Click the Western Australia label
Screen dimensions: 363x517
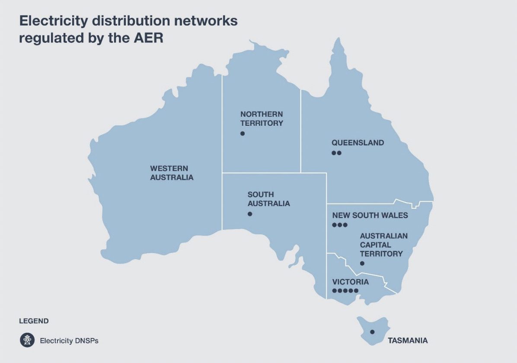coord(172,173)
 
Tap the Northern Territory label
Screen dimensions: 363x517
coord(262,118)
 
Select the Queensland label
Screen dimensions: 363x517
coord(357,143)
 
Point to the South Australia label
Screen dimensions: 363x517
coord(268,199)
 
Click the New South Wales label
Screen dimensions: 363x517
coord(370,215)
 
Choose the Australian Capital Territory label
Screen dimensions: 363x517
coord(383,245)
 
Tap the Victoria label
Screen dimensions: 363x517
coord(350,282)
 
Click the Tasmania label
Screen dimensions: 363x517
coord(407,341)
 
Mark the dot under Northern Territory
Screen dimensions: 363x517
coord(243,134)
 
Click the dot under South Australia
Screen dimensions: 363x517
coord(250,214)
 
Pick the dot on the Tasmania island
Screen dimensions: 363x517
coord(372,332)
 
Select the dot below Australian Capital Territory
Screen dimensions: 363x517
coord(362,263)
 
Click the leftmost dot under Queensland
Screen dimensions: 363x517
coord(334,153)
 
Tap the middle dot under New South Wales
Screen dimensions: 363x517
coord(340,225)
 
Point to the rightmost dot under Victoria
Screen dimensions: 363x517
coord(356,290)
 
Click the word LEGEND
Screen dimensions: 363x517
coord(34,321)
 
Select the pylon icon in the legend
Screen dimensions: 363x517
coord(27,340)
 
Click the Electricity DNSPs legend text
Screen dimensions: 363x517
coord(69,341)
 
